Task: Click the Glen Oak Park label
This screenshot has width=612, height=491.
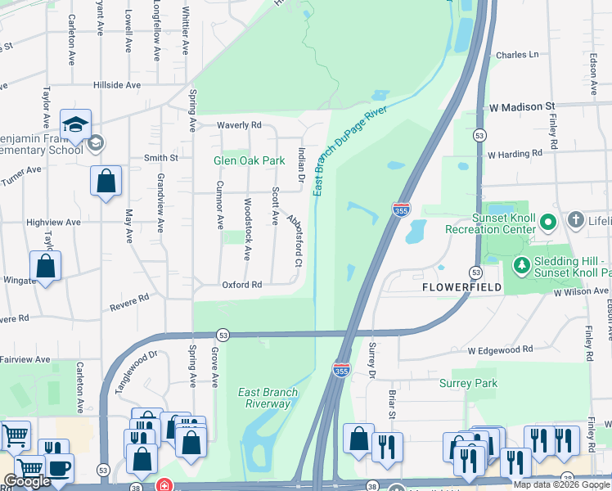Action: pos(249,160)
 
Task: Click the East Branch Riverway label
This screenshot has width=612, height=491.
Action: pos(268,398)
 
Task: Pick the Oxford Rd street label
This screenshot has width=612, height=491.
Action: pos(241,285)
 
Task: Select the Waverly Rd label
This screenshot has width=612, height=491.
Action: pos(238,125)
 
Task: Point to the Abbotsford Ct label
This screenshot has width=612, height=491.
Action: pos(295,241)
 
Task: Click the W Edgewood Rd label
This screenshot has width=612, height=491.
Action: pos(500,349)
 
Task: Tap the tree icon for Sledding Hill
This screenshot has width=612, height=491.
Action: pos(520,265)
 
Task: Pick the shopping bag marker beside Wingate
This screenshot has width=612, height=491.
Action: pos(46,266)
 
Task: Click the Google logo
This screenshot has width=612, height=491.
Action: pos(27,482)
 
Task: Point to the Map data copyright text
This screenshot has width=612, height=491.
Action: pos(561,484)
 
